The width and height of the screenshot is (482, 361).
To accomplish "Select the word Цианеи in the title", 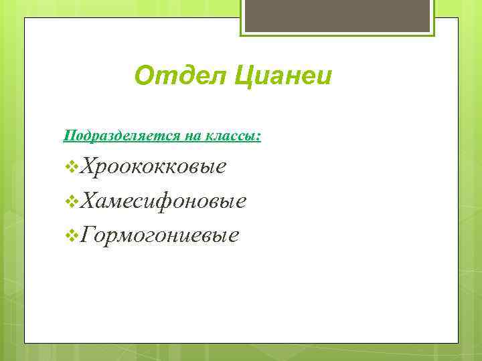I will tap(284, 76).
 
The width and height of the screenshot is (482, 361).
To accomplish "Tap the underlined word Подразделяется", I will tap(112, 136).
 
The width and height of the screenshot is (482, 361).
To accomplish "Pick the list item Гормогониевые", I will tap(159, 235).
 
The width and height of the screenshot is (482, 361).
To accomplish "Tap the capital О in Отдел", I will tap(143, 76).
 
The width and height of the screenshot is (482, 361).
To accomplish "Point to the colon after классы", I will tap(259, 137).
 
